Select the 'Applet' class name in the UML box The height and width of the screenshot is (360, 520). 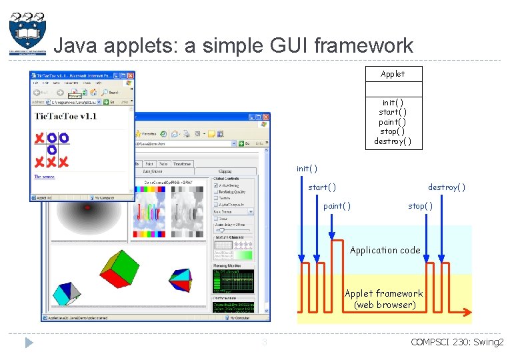pos(393,74)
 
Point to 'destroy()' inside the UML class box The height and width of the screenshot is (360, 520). pos(393,141)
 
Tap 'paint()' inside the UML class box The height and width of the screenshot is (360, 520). pos(393,122)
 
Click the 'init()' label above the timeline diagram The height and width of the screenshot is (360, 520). pos(307,169)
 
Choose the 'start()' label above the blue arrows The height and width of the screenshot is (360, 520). pos(321,187)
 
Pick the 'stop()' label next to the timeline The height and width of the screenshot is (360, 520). pos(420,206)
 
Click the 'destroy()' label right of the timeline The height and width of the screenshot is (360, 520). pos(446,187)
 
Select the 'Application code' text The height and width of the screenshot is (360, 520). pos(385,250)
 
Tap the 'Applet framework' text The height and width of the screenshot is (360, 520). pos(383,293)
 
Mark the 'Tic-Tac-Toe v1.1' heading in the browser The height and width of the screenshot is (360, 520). pos(65,116)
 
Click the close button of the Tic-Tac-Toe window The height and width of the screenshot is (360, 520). pos(130,77)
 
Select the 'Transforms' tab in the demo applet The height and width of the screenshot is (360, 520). pos(181,163)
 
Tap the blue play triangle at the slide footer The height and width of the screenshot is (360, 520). pos(29,343)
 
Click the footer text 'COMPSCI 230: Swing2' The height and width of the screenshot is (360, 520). pos(457,343)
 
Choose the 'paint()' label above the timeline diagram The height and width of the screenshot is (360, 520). pos(337,206)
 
